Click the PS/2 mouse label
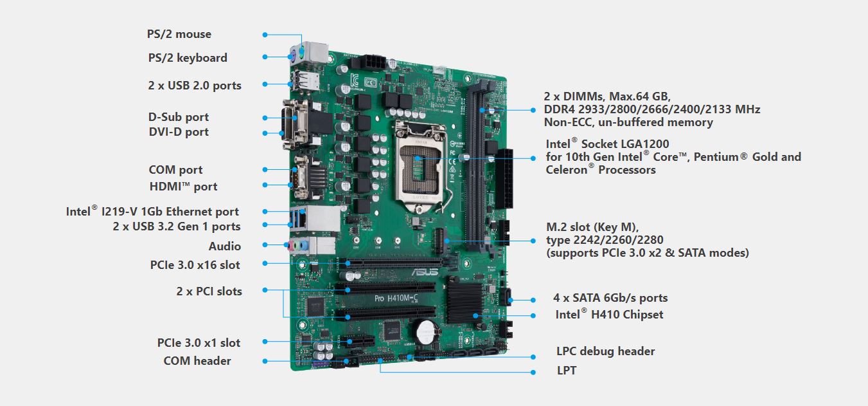179,34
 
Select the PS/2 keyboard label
188,58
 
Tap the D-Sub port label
178,117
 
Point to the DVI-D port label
179,132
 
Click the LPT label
567,371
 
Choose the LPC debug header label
606,351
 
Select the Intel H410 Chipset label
609,314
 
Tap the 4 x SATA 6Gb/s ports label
610,298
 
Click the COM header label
197,360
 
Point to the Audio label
225,246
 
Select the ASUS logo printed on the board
425,272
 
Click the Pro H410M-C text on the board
396,298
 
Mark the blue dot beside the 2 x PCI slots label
265,290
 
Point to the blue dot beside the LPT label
533,373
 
